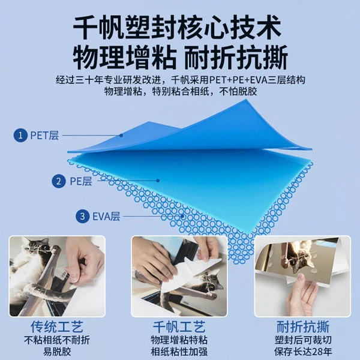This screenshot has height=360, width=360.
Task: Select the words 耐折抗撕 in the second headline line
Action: pyautogui.click(x=238, y=58)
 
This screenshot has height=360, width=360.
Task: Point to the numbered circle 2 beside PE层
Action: pyautogui.click(x=59, y=181)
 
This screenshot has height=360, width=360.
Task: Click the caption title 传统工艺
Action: pyautogui.click(x=57, y=327)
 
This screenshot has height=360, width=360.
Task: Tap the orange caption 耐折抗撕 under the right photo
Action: pyautogui.click(x=301, y=327)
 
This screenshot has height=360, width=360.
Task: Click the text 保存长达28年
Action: pyautogui.click(x=301, y=352)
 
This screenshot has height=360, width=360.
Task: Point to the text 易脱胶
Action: pyautogui.click(x=57, y=352)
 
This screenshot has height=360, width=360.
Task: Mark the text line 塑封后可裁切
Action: pyautogui.click(x=301, y=340)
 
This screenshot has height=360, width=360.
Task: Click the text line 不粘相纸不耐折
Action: pyautogui.click(x=57, y=340)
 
